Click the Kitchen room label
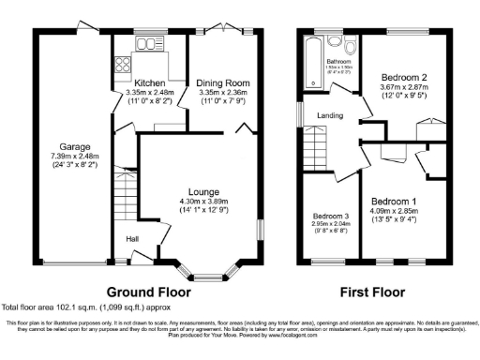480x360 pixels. (x=149, y=83)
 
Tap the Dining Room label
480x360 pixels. (x=220, y=83)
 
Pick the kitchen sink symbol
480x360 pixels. (x=147, y=44)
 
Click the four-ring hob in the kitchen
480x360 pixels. (x=122, y=65)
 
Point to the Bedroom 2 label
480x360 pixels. (x=404, y=78)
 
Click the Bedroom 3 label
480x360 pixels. (x=330, y=215)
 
